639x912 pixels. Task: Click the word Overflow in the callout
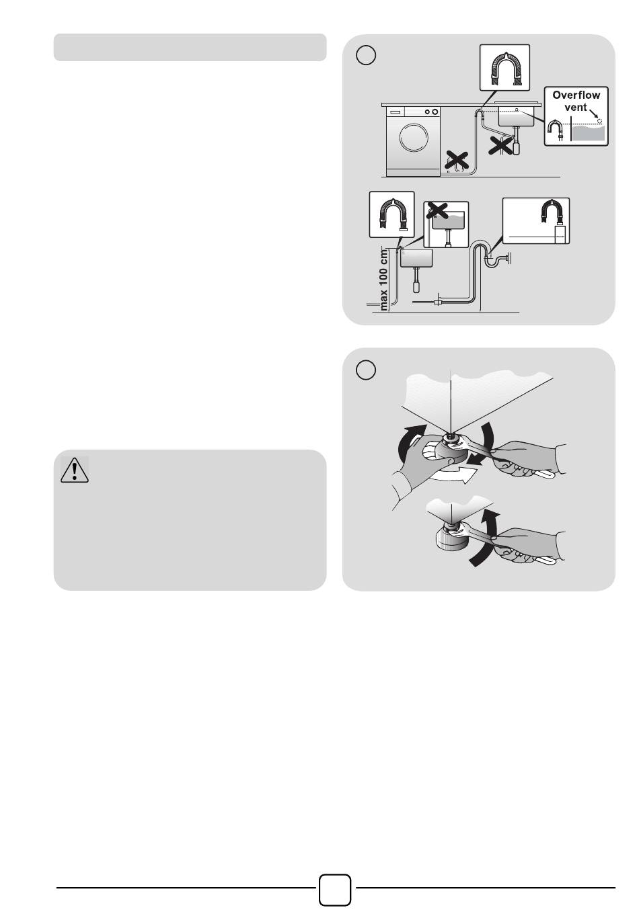coord(576,95)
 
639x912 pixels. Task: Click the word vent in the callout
coord(575,108)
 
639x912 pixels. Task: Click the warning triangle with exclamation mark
coord(74,470)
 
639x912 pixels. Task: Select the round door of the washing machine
coord(414,137)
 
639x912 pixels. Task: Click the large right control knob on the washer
coord(435,112)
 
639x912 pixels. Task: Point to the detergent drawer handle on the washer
coord(394,112)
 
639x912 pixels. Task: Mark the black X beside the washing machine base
coord(457,160)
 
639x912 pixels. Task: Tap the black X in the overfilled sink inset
coord(437,210)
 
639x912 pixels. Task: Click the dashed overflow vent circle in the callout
coord(599,120)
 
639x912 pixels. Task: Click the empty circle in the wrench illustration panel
coord(366,370)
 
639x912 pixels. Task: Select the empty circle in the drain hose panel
coord(366,54)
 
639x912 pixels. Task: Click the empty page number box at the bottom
coord(334,890)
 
